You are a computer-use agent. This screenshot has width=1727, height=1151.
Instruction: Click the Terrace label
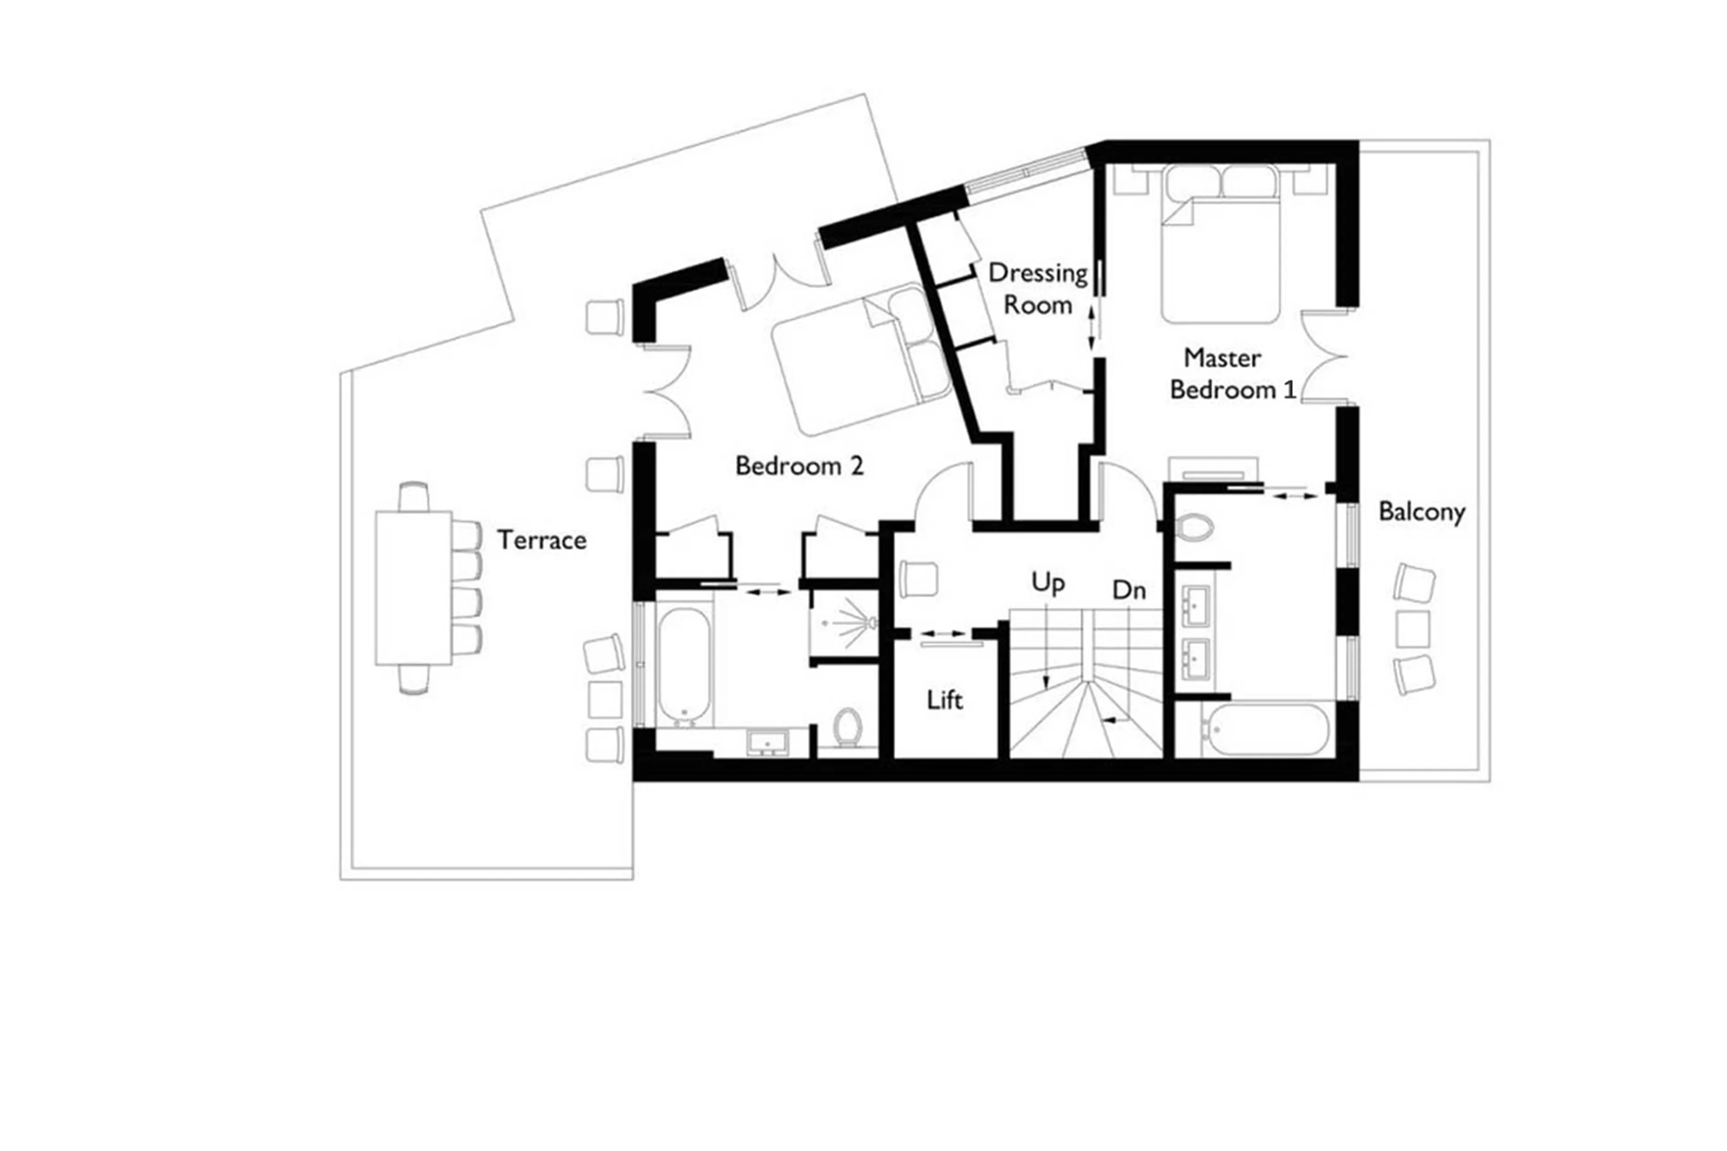541,540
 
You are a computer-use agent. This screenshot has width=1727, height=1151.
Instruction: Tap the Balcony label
1421,512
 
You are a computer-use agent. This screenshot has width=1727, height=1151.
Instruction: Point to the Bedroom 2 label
799,466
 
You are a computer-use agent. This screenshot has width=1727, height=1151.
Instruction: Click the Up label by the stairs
1047,583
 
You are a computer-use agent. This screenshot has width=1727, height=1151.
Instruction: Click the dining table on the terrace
413,588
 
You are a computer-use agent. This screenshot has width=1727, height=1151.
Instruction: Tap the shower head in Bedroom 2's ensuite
871,623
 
